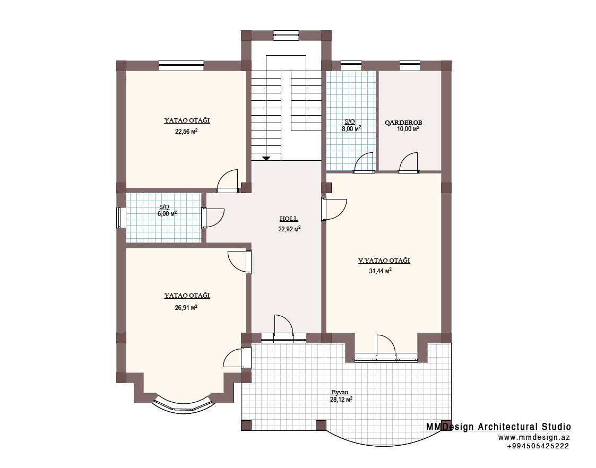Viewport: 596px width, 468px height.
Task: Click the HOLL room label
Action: [289, 219]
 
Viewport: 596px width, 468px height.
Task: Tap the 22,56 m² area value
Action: [186, 132]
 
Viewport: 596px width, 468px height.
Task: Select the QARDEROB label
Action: [403, 123]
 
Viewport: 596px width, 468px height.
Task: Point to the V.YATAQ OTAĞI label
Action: [384, 261]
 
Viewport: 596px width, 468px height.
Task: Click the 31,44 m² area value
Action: [381, 271]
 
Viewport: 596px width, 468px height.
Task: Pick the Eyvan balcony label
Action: [340, 393]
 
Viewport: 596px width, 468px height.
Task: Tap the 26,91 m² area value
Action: [186, 307]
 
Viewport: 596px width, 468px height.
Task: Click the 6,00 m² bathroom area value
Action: [167, 214]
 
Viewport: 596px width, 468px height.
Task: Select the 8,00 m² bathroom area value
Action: [351, 129]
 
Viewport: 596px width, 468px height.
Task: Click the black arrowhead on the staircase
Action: [266, 158]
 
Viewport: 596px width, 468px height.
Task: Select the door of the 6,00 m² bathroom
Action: [213, 218]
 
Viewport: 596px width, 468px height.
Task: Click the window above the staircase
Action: [286, 36]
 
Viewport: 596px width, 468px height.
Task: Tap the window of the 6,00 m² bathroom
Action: [121, 218]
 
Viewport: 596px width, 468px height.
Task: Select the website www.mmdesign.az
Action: [534, 437]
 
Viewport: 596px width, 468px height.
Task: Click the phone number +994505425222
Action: [538, 446]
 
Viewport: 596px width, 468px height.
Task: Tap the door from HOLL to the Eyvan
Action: [283, 329]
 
